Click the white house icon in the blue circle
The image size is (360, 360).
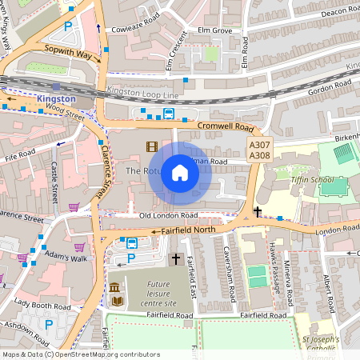point(180,173)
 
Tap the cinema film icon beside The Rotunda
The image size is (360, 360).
point(152,146)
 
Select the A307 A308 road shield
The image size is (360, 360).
point(258,150)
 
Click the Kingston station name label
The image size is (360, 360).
point(56,99)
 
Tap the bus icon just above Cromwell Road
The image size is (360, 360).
point(169,114)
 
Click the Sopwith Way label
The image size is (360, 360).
point(68,54)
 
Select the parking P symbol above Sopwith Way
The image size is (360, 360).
point(68,26)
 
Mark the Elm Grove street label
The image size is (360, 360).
point(214,31)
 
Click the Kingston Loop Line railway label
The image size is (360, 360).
point(144,93)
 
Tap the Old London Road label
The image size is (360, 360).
point(168,215)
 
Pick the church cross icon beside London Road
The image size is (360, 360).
point(258,212)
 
